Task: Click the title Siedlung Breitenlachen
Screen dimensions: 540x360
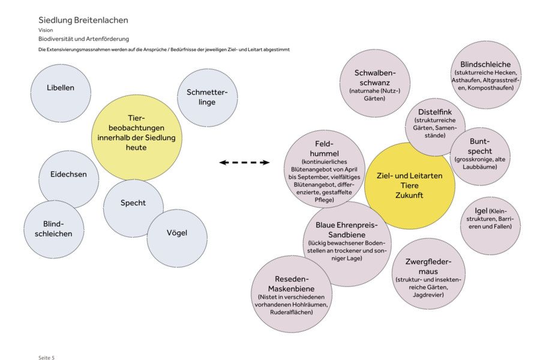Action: click(83, 20)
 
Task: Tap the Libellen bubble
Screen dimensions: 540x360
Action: click(61, 93)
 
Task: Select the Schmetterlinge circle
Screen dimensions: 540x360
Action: click(208, 98)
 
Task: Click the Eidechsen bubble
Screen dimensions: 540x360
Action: click(68, 179)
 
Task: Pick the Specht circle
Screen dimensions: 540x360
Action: click(133, 208)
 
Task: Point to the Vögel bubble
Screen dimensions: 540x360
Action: click(177, 238)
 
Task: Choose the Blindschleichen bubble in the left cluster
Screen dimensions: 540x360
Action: click(54, 229)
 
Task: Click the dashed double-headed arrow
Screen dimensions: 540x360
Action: click(245, 162)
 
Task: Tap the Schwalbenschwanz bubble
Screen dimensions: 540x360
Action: click(374, 83)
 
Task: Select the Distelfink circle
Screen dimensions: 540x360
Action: click(435, 127)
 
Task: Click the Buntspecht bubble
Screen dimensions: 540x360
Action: click(480, 157)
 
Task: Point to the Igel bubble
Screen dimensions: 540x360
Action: click(490, 226)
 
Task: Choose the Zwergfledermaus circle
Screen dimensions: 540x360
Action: click(428, 274)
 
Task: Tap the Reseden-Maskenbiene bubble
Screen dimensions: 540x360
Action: click(292, 294)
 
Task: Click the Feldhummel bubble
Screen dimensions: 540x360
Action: click(325, 169)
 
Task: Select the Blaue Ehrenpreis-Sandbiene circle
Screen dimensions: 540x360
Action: click(347, 244)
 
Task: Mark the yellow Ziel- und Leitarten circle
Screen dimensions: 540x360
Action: click(409, 185)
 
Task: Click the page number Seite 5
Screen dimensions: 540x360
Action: click(46, 358)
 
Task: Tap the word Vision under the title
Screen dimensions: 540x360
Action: click(46, 30)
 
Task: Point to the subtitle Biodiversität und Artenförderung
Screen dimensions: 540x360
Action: click(83, 39)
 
